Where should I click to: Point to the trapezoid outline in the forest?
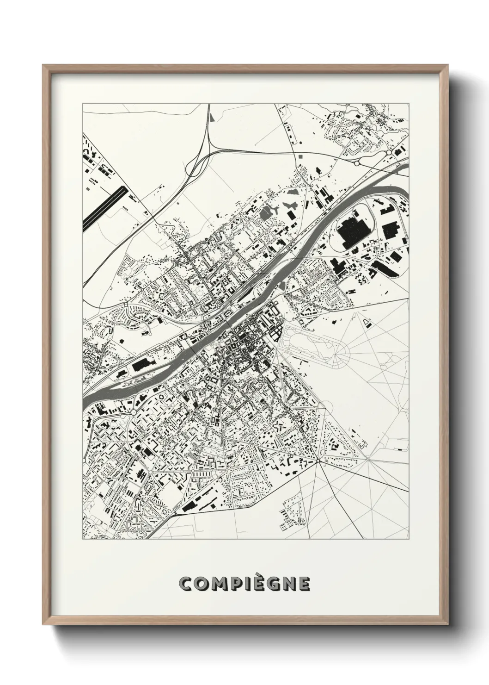tap(367, 323)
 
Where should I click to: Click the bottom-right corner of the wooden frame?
tap(447, 626)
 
